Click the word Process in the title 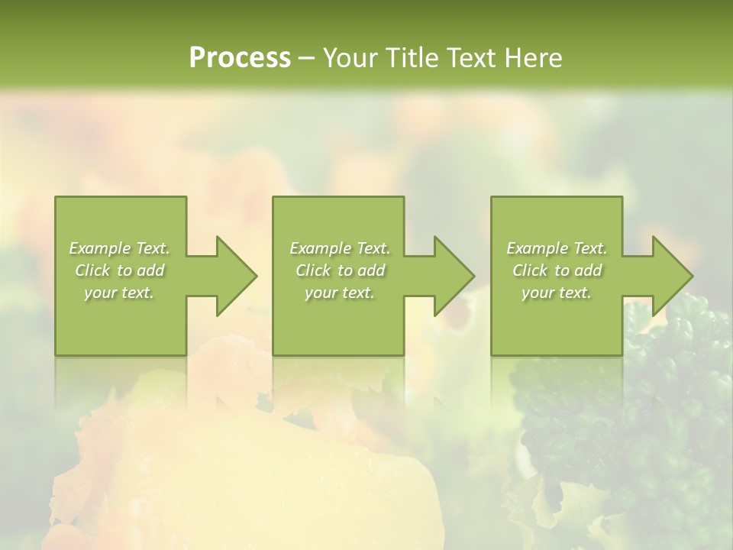pos(240,58)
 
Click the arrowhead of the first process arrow pos(236,276)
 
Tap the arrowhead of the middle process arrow pos(454,276)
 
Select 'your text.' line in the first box pos(119,293)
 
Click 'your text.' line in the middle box pos(339,293)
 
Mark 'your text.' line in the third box pos(557,293)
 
